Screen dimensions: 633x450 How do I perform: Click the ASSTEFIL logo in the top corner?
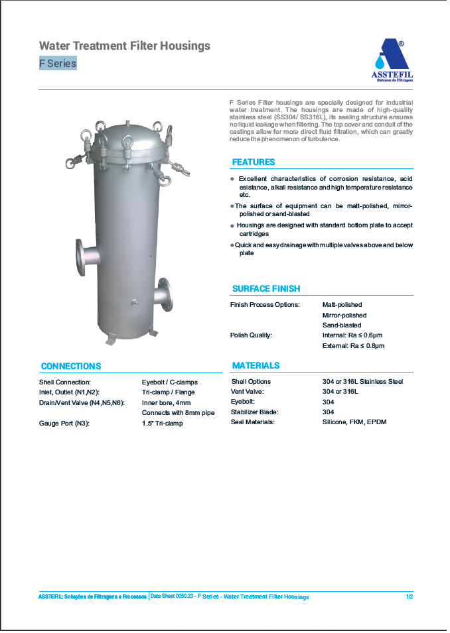coord(392,60)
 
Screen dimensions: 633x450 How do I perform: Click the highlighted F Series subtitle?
coord(58,64)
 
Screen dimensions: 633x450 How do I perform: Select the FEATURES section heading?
coord(253,162)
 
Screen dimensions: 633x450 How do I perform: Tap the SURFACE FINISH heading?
coord(265,288)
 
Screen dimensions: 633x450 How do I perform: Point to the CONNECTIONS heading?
coord(71,366)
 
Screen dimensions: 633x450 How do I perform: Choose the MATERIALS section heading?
coord(256,365)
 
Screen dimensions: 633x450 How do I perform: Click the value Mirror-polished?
coord(344,315)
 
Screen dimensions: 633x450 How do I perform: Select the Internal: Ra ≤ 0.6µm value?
coord(353,335)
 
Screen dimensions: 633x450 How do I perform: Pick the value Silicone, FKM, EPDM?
coord(354,422)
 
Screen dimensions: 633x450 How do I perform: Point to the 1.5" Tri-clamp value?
coord(162,423)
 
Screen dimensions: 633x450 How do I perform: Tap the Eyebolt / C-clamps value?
coord(169,382)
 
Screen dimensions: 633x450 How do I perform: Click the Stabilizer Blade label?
coord(253,412)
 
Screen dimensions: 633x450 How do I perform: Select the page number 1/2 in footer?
coord(409,597)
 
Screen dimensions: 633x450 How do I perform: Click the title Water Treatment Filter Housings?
coord(125,46)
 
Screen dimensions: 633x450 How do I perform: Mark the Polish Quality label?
coord(251,335)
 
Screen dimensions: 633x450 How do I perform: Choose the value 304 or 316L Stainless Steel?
coord(362,381)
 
